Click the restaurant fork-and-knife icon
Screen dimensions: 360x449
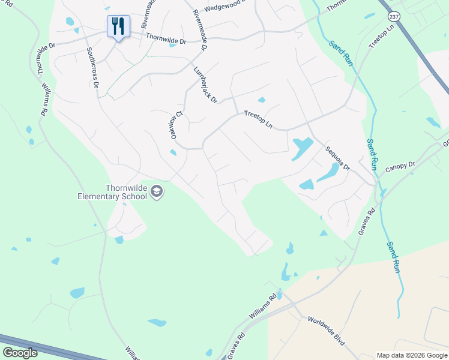[x=118, y=26]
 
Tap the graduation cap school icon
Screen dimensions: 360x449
[x=157, y=191]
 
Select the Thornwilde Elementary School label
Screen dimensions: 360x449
[x=112, y=192]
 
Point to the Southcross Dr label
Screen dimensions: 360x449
[x=92, y=68]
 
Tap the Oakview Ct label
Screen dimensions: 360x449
[x=176, y=125]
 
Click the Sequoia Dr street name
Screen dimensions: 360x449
[x=337, y=158]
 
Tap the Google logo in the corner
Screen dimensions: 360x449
[x=20, y=353]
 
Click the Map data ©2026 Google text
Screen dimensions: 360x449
[x=411, y=355]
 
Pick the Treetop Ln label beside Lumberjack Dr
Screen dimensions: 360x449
[x=258, y=120]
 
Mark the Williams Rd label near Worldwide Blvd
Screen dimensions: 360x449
[x=264, y=307]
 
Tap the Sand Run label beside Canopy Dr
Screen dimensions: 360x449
[x=372, y=154]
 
